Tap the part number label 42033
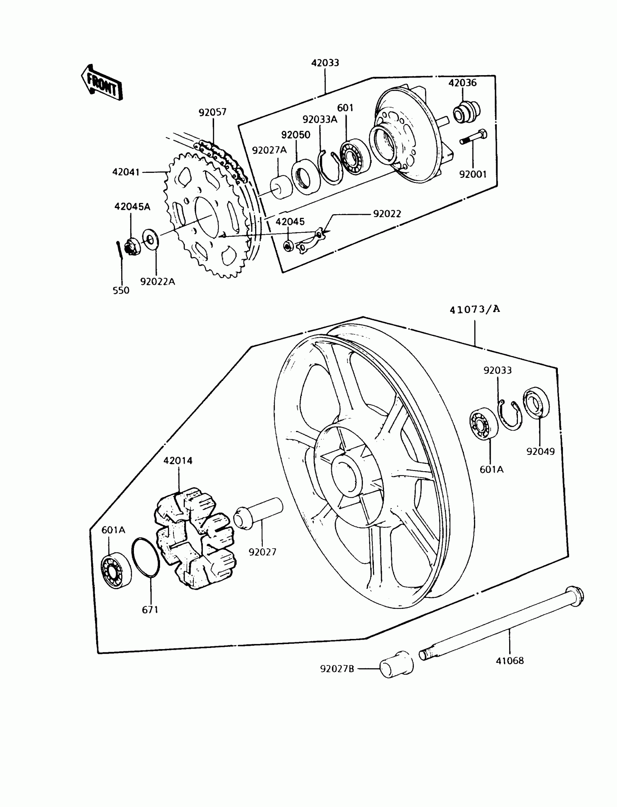(325, 63)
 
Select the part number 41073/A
(474, 309)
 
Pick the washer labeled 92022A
(150, 240)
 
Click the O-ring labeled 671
(146, 558)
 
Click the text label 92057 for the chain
(213, 112)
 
